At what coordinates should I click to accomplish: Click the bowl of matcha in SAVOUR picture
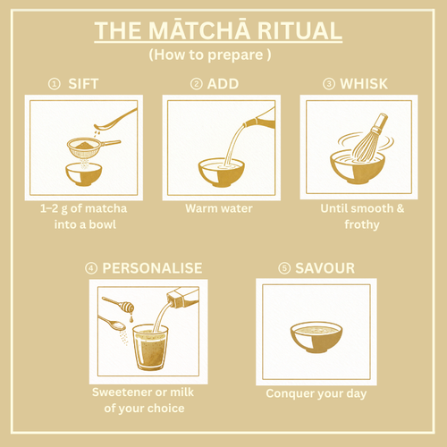coord(316,337)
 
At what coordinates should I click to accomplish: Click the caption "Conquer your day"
coord(315,393)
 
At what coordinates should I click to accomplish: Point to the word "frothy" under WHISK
coord(362,224)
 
